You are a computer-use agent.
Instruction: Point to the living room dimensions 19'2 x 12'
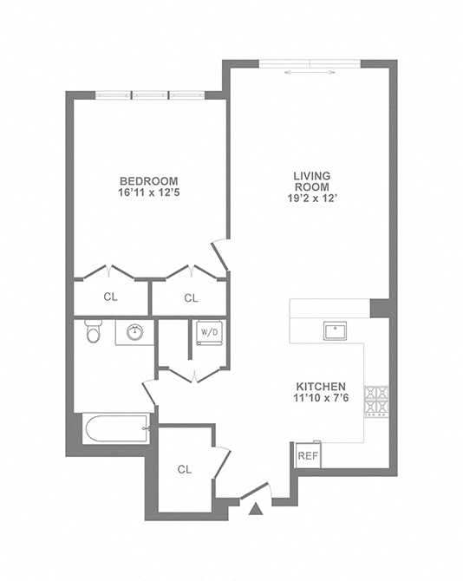[x=311, y=198]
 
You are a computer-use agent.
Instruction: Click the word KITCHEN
[x=322, y=386]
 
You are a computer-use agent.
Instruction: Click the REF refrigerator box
[x=307, y=455]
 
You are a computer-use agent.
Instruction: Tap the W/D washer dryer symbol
[x=209, y=332]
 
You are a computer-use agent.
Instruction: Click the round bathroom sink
[x=134, y=331]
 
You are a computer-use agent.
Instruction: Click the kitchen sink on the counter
[x=335, y=330]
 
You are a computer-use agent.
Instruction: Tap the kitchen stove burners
[x=376, y=400]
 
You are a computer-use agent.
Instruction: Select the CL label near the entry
[x=184, y=469]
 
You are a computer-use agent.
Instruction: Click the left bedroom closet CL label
[x=110, y=297]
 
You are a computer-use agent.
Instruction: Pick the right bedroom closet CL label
[x=191, y=297]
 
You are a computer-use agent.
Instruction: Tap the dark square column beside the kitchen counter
[x=378, y=308]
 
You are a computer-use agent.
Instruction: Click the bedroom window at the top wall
[x=149, y=95]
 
